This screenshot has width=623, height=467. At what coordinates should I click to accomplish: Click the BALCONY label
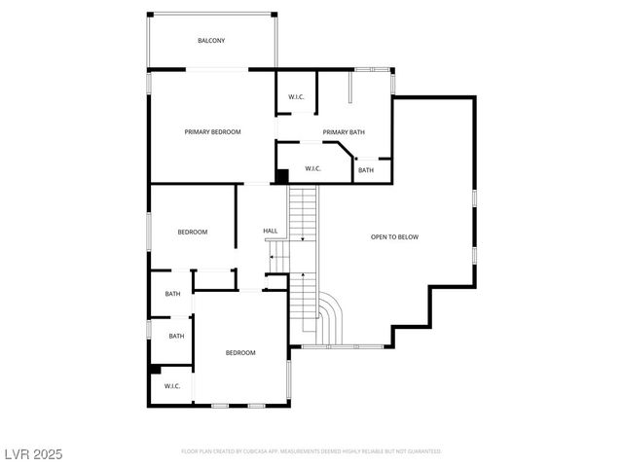pyautogui.click(x=211, y=41)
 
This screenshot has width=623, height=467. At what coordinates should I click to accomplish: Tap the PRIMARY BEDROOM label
pyautogui.click(x=213, y=131)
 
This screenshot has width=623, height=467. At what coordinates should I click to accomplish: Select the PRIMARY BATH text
pyautogui.click(x=344, y=131)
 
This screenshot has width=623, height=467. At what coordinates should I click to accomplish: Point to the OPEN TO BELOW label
pyautogui.click(x=395, y=236)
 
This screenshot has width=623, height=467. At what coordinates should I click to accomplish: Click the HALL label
pyautogui.click(x=271, y=231)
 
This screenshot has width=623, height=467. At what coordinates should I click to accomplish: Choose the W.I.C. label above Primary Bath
pyautogui.click(x=296, y=96)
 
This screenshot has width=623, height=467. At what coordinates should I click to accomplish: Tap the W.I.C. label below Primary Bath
pyautogui.click(x=312, y=168)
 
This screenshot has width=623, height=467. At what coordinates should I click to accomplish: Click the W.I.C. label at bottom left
pyautogui.click(x=172, y=385)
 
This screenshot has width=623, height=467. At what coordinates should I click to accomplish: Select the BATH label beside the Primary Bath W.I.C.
pyautogui.click(x=365, y=170)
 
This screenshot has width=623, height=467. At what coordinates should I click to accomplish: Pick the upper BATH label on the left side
pyautogui.click(x=172, y=294)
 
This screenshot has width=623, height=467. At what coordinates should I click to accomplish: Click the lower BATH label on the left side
pyautogui.click(x=176, y=336)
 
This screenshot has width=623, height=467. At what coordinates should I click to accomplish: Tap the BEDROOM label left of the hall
pyautogui.click(x=192, y=232)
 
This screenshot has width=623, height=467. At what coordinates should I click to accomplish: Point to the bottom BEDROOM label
pyautogui.click(x=240, y=352)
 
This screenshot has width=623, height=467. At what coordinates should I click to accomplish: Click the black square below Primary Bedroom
pyautogui.click(x=282, y=176)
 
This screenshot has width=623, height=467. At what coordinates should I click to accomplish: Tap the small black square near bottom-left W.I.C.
pyautogui.click(x=156, y=369)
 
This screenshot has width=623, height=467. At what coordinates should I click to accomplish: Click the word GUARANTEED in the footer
pyautogui.click(x=424, y=451)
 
